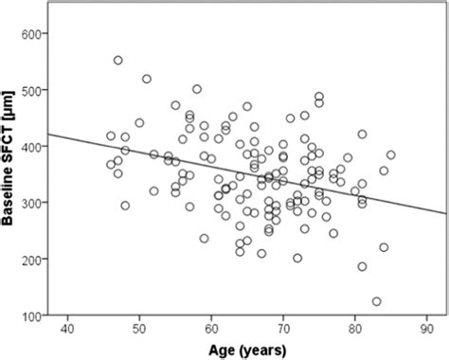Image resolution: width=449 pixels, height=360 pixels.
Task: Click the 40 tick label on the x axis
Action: pos(67,330)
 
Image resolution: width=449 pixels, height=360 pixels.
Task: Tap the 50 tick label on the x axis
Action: pos(139,330)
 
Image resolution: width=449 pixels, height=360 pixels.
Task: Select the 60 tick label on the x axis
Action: pos(211,330)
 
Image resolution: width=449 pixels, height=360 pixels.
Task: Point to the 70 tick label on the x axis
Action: pos(283,330)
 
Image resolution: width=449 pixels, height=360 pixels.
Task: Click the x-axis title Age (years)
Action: pos(250,350)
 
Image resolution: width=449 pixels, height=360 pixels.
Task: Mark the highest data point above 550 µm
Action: pos(118,61)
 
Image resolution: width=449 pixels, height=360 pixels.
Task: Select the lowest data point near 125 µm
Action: pos(376,301)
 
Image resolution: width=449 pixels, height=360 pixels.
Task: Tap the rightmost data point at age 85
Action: pos(390,154)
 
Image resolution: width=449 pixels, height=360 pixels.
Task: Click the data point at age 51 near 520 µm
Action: pos(147,79)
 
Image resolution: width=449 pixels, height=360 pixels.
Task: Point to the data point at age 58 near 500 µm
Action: pos(197,89)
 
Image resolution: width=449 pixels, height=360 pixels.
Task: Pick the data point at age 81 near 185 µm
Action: pos(362,267)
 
